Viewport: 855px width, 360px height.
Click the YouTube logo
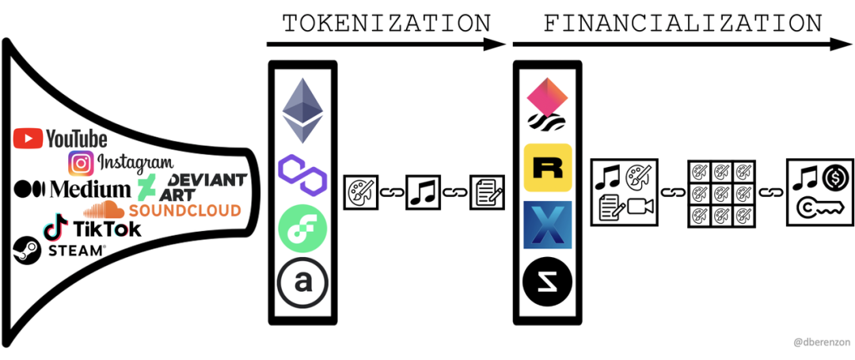(x=60, y=138)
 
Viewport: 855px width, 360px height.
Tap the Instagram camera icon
(x=82, y=164)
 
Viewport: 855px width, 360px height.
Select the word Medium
(x=90, y=189)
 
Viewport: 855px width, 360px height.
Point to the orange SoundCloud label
(x=184, y=210)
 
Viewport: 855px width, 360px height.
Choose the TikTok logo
(x=93, y=228)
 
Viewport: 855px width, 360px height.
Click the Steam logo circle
(x=27, y=251)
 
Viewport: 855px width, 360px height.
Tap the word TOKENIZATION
(x=387, y=24)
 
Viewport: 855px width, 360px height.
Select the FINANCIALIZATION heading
(x=683, y=24)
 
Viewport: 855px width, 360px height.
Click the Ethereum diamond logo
(x=302, y=111)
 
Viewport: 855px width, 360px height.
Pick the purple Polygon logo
(x=302, y=175)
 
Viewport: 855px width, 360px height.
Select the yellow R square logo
(x=548, y=168)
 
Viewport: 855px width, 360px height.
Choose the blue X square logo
(x=548, y=225)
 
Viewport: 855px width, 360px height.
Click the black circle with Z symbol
(x=548, y=282)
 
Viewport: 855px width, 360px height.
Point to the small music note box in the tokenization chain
(x=423, y=193)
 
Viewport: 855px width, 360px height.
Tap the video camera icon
(x=640, y=207)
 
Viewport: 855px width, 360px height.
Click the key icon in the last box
(x=819, y=207)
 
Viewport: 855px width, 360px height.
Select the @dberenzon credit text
(x=821, y=343)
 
